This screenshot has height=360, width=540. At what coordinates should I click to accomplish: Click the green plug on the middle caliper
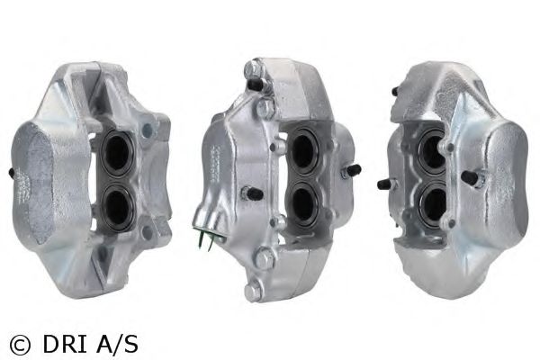pos(207,237)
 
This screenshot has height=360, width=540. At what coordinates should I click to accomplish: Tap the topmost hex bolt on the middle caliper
pos(252,69)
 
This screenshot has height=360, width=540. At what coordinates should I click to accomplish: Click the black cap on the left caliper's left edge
pos(11,174)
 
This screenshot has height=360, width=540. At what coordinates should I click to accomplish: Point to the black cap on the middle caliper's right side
pos(354,170)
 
